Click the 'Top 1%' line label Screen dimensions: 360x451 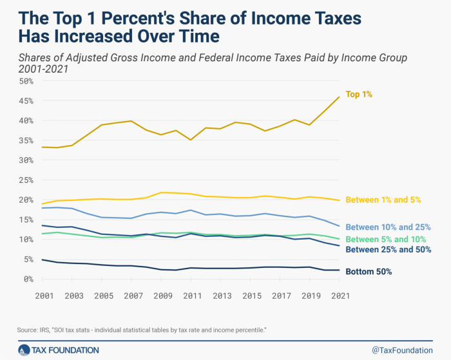point(360,95)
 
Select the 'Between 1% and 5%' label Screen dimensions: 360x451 point(384,200)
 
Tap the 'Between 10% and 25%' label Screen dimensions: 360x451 point(387,227)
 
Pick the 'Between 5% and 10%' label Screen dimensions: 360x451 point(385,239)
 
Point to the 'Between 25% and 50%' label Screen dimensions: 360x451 point(387,250)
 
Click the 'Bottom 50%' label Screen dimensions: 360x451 point(369,271)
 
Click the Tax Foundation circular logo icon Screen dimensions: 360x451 point(24,350)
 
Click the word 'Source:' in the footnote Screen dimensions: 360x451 point(29,330)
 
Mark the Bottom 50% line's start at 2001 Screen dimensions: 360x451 point(43,260)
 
